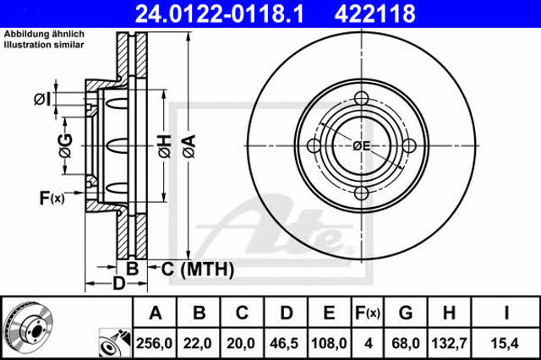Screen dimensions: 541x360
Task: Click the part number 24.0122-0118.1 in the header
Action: [x=220, y=14]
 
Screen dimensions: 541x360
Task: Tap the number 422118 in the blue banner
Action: [x=375, y=14]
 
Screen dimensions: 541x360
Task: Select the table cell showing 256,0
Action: [x=154, y=343]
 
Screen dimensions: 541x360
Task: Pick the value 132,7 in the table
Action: [x=449, y=343]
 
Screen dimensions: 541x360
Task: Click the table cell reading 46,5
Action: [x=284, y=343]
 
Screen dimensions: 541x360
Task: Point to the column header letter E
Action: [x=329, y=313]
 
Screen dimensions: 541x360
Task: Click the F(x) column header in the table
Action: [x=368, y=314]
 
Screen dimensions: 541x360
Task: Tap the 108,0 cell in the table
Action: [x=329, y=343]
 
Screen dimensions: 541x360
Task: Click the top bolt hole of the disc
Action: [x=361, y=98]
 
